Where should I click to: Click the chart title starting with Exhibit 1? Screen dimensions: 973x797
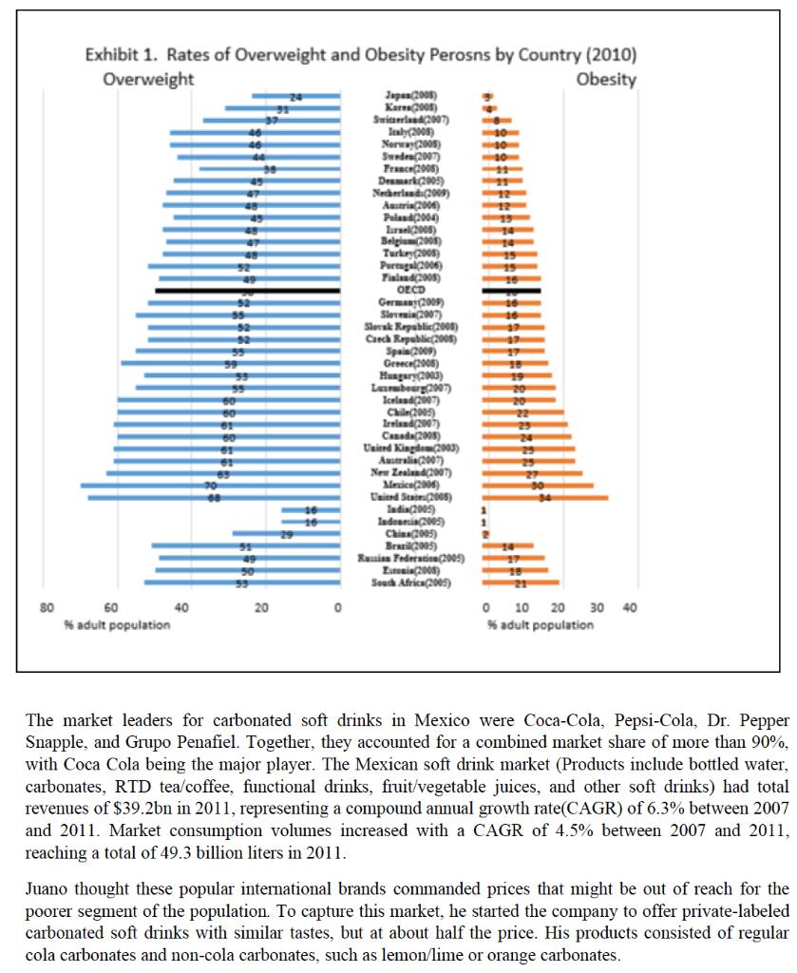[x=361, y=53]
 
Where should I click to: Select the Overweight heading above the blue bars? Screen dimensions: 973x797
[x=148, y=79]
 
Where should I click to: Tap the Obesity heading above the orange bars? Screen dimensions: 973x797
[x=606, y=79]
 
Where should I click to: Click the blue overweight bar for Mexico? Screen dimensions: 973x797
[x=210, y=485]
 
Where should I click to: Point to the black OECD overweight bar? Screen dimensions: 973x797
[x=247, y=290]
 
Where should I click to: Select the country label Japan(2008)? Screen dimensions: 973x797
[x=410, y=96]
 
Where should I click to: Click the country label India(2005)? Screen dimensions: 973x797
[x=410, y=509]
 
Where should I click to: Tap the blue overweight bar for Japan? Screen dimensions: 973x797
[x=295, y=96]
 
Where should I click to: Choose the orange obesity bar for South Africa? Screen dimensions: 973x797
[x=521, y=582]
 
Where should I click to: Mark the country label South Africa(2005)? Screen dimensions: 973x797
[x=410, y=582]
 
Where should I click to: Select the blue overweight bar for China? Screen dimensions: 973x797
[x=286, y=534]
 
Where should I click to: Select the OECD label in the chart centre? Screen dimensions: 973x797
[x=410, y=290]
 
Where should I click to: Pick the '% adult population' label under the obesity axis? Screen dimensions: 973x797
[x=541, y=624]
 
